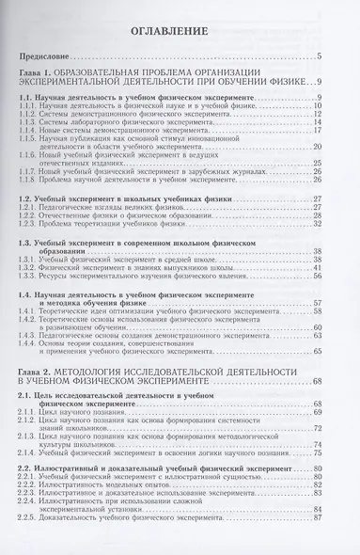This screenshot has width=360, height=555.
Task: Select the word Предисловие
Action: [x=55, y=57]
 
